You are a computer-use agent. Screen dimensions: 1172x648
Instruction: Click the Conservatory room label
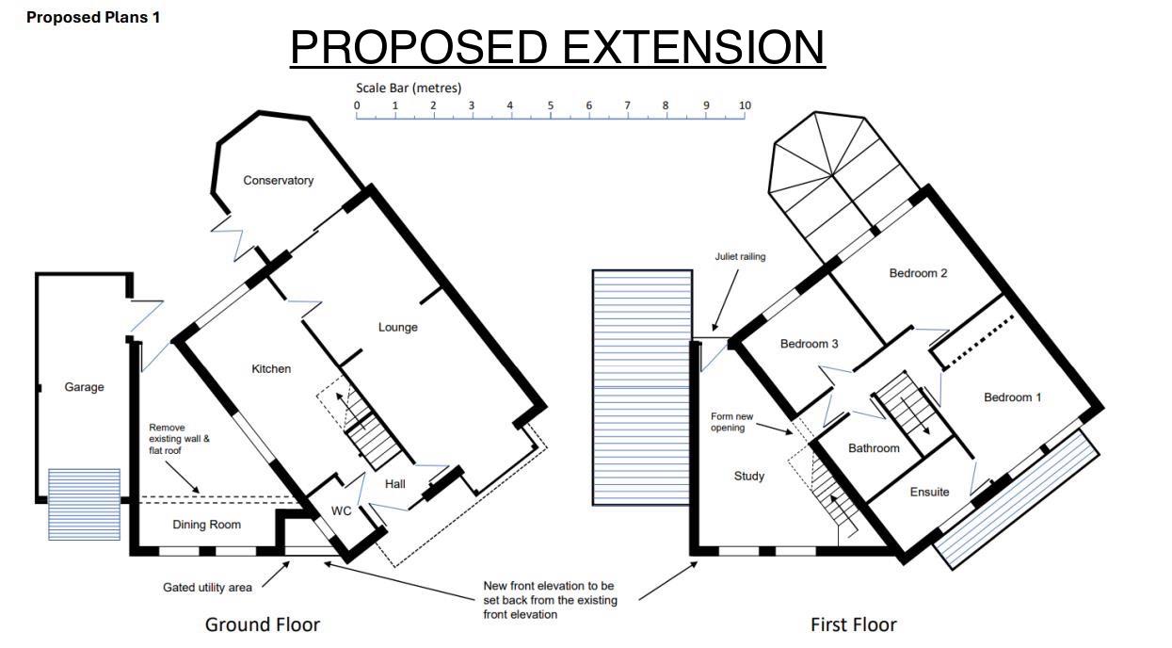point(279,181)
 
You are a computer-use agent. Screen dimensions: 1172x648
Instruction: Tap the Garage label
point(84,387)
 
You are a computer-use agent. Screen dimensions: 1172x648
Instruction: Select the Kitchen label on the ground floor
point(271,369)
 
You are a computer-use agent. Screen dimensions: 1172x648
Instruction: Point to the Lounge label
point(397,328)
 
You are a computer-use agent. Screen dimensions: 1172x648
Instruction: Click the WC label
point(341,510)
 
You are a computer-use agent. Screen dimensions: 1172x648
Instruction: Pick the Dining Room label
point(207,525)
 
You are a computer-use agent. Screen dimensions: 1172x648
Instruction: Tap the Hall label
point(395,484)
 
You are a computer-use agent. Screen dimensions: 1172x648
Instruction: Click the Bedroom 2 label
point(918,273)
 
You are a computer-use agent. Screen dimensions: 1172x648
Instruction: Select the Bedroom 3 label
point(809,344)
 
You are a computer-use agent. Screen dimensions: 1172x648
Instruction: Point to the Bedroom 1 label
point(1012,397)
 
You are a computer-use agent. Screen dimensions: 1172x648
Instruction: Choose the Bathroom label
point(874,448)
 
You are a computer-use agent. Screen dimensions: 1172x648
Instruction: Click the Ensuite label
point(929,492)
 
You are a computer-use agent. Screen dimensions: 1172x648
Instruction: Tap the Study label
point(749,477)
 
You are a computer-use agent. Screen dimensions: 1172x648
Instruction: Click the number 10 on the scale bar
point(745,105)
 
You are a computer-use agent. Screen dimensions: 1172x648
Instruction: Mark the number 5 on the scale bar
point(551,105)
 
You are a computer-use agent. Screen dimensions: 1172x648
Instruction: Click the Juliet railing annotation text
point(740,256)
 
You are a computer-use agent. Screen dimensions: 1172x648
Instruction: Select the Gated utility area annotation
point(207,588)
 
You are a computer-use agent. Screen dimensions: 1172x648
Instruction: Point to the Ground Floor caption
point(262,624)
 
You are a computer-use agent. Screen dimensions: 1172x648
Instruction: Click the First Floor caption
point(854,624)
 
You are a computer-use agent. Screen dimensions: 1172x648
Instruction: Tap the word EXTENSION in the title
point(694,47)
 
